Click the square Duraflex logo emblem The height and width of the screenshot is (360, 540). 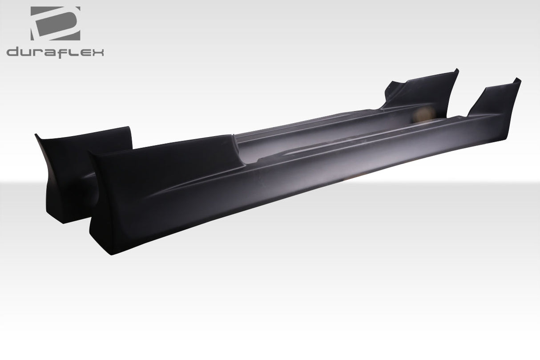point(56,24)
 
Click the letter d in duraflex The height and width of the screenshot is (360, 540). point(13,52)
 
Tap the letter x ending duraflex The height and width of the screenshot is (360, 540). point(98,52)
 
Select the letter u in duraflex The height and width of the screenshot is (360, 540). point(25,53)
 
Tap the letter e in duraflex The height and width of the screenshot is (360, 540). point(84,53)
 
